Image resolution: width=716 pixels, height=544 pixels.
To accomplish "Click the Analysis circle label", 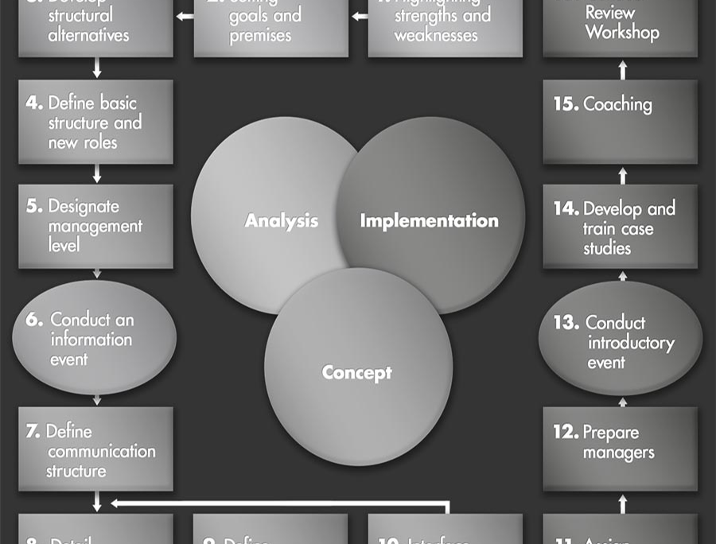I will [x=281, y=221].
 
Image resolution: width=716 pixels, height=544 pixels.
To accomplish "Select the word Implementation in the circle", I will [x=429, y=220].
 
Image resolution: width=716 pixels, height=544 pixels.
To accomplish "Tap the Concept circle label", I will [x=356, y=371].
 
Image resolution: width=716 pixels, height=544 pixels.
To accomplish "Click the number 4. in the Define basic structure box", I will [x=34, y=103].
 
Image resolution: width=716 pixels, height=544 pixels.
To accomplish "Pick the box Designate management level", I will [x=95, y=227].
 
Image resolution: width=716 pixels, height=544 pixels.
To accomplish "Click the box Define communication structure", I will [x=95, y=451].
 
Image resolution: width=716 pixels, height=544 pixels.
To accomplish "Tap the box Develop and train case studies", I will [x=620, y=227].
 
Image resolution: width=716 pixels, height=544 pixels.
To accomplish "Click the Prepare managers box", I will [x=620, y=448].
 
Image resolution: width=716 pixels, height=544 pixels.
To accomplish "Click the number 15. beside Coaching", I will [x=566, y=104].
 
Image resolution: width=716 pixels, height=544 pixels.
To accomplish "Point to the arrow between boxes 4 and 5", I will [x=97, y=174].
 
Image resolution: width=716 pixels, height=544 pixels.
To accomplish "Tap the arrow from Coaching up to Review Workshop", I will [x=623, y=69].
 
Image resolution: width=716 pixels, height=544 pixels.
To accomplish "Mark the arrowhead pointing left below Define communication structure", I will [x=115, y=503].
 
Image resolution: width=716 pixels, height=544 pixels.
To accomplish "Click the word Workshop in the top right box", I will [x=622, y=33].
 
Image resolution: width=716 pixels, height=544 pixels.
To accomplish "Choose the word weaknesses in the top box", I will [x=436, y=36].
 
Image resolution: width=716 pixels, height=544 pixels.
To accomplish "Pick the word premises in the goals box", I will [x=260, y=36].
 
